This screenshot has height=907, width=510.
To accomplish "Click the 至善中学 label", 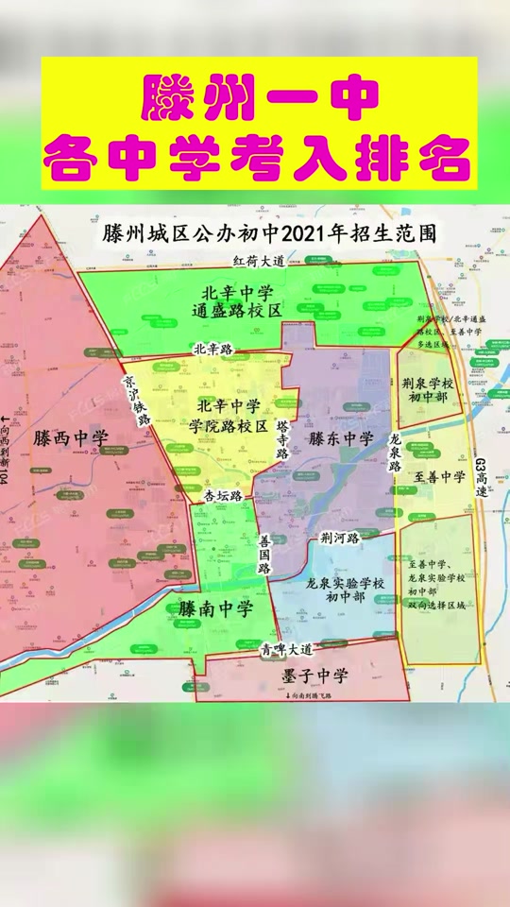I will (x=440, y=477).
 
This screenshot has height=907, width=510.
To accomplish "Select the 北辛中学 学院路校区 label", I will (x=229, y=415).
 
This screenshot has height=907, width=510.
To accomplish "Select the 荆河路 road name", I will (x=340, y=539).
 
